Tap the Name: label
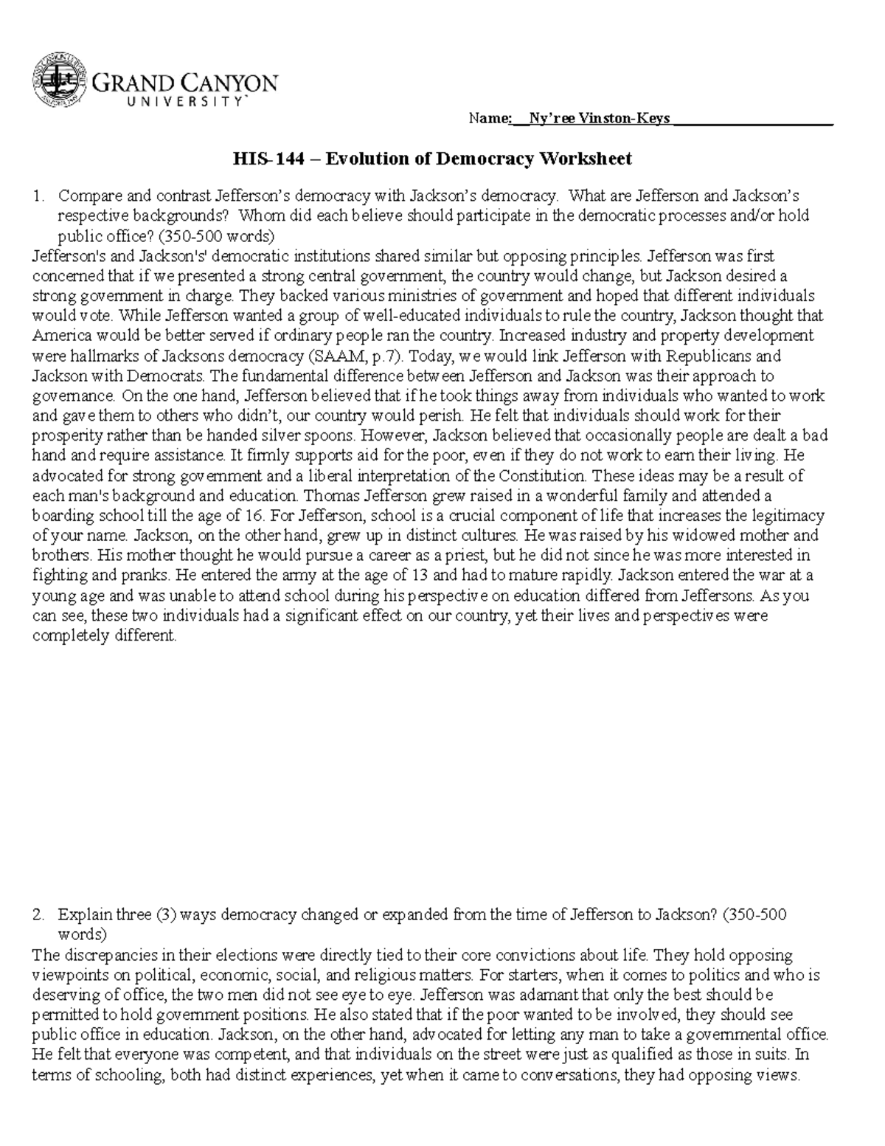point(488,119)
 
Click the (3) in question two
point(164,915)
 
